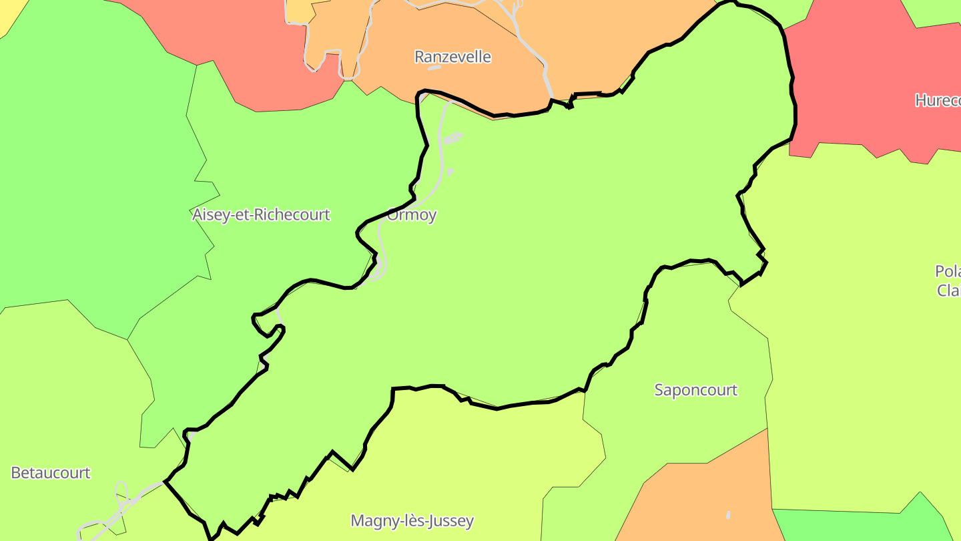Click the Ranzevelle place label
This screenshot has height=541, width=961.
pos(452,57)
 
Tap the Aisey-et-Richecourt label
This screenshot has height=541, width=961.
pos(261,215)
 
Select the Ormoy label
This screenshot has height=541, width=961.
pos(412,215)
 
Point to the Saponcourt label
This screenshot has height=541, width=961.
pos(695,390)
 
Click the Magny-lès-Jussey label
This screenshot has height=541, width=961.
pos(412,521)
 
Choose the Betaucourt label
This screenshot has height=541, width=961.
pos(51,473)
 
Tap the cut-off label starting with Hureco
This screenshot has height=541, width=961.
pos(937,101)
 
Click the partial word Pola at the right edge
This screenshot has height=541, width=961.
pos(947,272)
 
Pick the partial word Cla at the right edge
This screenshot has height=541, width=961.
pos(948,291)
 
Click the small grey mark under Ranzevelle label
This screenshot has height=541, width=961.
pos(434,67)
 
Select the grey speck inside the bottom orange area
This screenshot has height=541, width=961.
pos(727,515)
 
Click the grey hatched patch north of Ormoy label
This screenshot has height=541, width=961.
pos(453,138)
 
